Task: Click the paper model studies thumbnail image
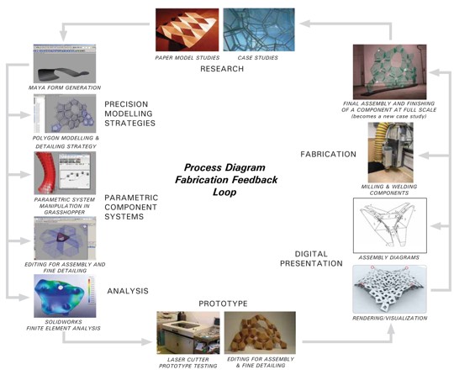187,29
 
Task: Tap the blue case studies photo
259,29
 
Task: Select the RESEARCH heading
222,69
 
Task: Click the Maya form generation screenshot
65,64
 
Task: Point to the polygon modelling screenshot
65,114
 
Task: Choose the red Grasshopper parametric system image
65,173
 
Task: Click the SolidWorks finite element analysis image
65,296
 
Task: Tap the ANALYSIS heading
128,291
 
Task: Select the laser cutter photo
188,333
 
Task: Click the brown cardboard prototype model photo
260,333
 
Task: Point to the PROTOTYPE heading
224,304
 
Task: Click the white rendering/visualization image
389,289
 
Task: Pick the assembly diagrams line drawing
390,225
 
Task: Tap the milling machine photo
391,152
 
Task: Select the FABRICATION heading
329,154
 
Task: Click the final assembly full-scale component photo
390,71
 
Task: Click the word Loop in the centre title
224,193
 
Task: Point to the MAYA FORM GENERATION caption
65,87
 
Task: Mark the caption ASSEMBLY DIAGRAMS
389,257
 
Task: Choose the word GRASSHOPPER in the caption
65,212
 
